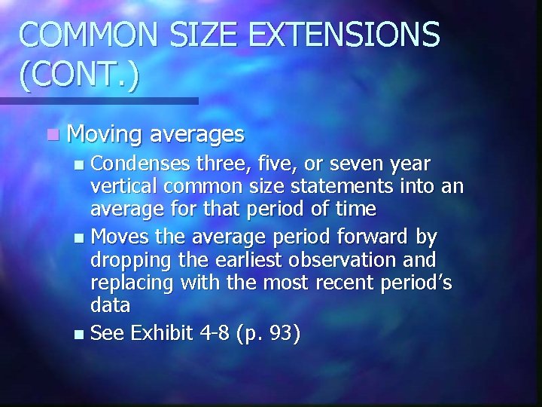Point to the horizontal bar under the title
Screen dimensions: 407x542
[x=98, y=100]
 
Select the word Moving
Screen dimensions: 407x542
[x=105, y=136]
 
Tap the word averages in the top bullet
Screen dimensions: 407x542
[x=198, y=134]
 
